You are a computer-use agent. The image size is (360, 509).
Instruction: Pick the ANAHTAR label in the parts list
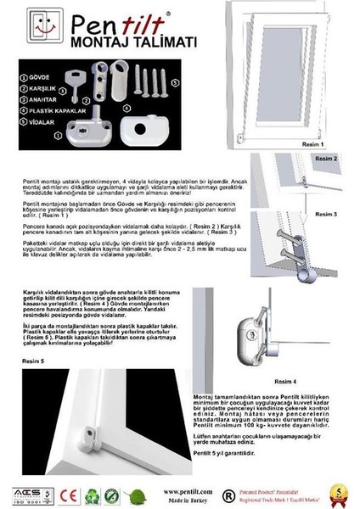point(32,98)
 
